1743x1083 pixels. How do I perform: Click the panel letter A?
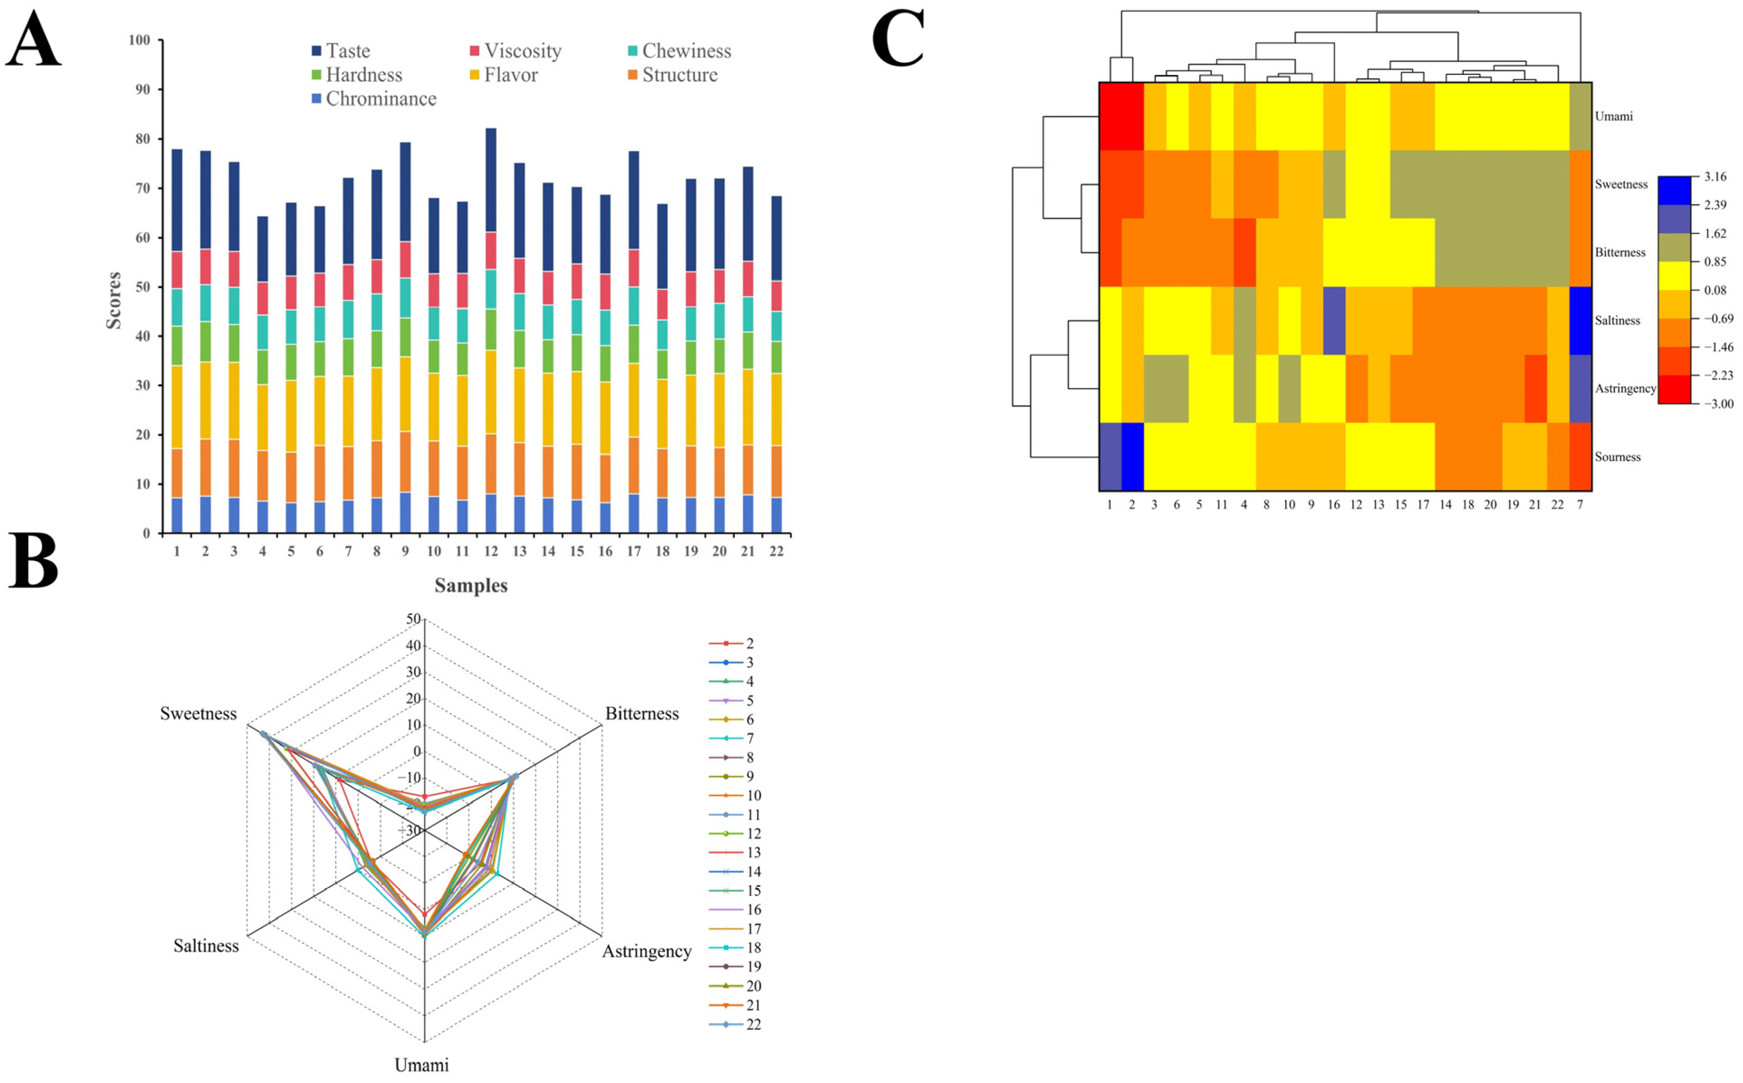pyautogui.click(x=33, y=41)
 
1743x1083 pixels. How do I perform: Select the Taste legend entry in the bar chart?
pyautogui.click(x=341, y=51)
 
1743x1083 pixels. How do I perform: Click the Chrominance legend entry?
pyautogui.click(x=374, y=99)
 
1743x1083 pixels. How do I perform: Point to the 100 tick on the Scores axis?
pyautogui.click(x=139, y=40)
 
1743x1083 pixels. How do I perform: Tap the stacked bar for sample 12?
pyautogui.click(x=491, y=330)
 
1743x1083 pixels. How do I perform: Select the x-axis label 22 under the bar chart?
pyautogui.click(x=776, y=551)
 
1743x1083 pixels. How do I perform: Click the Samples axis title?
pyautogui.click(x=471, y=585)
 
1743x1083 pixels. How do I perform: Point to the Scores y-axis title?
pyautogui.click(x=113, y=300)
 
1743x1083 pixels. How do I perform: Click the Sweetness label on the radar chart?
pyautogui.click(x=198, y=714)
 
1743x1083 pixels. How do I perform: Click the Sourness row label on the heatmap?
pyautogui.click(x=1617, y=457)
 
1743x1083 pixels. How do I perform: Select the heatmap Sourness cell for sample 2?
pyautogui.click(x=1132, y=456)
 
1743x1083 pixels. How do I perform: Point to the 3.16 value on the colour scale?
pyautogui.click(x=1715, y=176)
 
